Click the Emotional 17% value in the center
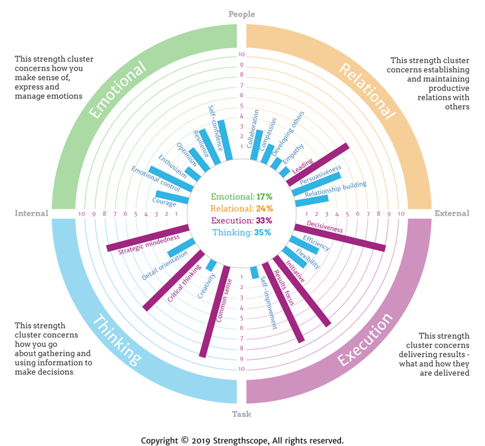241,197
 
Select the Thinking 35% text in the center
241,232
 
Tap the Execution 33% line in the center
241,220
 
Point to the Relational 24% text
241,208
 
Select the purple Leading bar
319,163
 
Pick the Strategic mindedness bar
147,238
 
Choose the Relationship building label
335,189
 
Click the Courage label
164,202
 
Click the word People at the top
241,14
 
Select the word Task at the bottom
241,414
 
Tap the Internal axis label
32,213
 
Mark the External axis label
452,213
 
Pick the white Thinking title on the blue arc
117,341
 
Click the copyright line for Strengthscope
242,440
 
